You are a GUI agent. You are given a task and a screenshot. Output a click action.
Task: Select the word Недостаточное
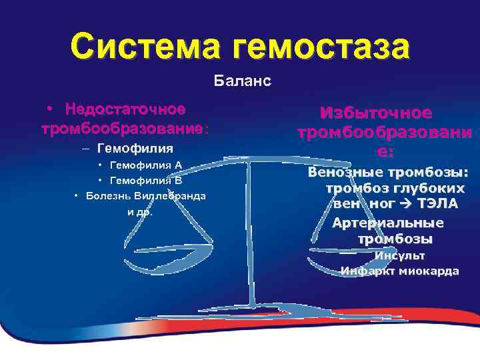pos(126,108)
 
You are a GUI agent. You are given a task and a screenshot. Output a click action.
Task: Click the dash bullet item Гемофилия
pos(135,147)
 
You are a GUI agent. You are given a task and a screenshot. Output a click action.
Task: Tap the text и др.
pos(140,212)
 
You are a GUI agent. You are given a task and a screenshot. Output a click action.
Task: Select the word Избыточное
pos(376,113)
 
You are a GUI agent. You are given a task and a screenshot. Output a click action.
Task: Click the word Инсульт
pos(399,255)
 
